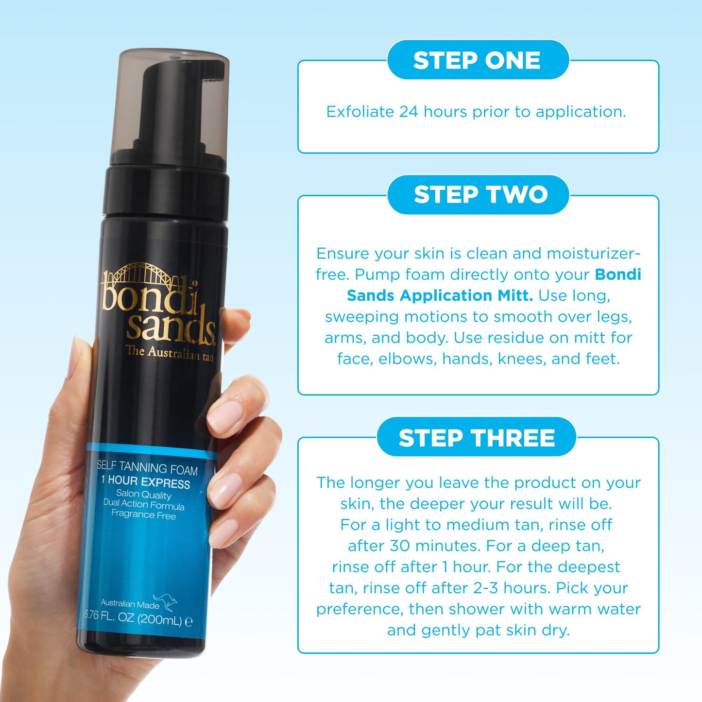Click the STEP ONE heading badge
(477, 60)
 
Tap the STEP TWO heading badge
(480, 195)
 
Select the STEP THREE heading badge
(477, 438)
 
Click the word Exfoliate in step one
(360, 112)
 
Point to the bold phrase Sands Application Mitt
(440, 295)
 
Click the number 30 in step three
(400, 546)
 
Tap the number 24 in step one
(409, 112)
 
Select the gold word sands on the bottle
(170, 325)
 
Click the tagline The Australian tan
(169, 353)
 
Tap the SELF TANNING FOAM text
(147, 468)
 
